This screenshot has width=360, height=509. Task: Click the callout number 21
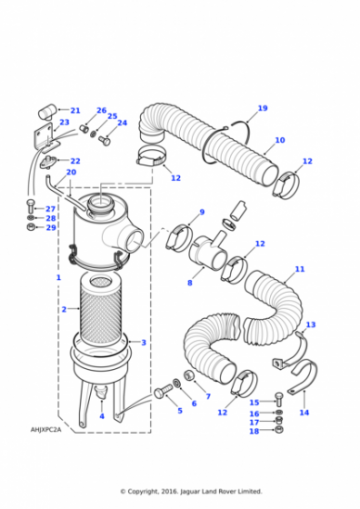75,110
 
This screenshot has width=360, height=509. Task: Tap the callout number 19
263,108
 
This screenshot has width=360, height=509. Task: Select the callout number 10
280,140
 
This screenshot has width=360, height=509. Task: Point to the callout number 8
190,283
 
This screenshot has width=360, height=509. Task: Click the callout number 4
102,416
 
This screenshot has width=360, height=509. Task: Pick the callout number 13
311,324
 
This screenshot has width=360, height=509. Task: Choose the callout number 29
51,227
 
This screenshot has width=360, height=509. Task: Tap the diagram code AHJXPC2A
46,430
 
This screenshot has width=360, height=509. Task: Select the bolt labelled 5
163,391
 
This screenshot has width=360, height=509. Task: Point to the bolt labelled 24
104,141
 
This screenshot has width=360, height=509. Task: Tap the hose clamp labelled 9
179,236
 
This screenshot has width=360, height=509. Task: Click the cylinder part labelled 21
47,111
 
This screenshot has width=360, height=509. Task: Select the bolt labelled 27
30,207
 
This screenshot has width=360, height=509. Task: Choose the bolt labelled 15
279,399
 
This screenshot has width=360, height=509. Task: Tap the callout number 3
144,342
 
